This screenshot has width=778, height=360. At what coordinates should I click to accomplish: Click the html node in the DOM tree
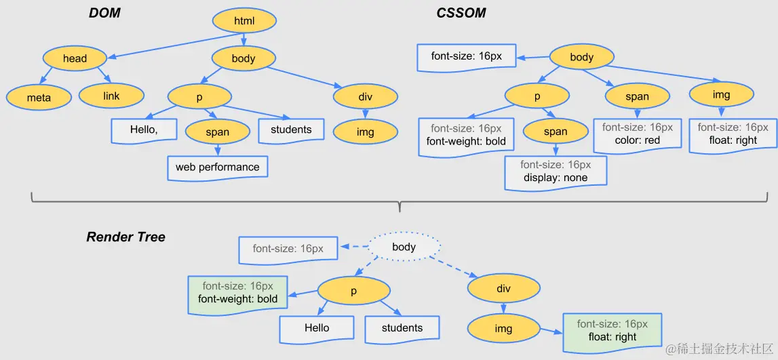pyautogui.click(x=244, y=21)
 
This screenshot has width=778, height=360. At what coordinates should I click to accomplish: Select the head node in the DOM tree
pyautogui.click(x=75, y=58)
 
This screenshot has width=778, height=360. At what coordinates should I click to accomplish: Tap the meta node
pyautogui.click(x=39, y=98)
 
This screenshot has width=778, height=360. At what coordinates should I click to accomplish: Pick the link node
pyautogui.click(x=111, y=96)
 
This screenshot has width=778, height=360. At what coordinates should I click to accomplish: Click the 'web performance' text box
pyautogui.click(x=217, y=167)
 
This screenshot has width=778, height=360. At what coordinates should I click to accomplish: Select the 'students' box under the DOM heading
pyautogui.click(x=291, y=130)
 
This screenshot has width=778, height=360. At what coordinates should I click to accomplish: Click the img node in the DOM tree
pyautogui.click(x=365, y=132)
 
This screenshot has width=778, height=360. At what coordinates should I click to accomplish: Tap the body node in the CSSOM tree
pyautogui.click(x=581, y=58)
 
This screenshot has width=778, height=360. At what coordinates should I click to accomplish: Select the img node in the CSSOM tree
pyautogui.click(x=721, y=95)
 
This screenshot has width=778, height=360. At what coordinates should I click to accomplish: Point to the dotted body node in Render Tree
pyautogui.click(x=404, y=247)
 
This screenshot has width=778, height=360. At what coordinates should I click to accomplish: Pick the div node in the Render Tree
pyautogui.click(x=503, y=289)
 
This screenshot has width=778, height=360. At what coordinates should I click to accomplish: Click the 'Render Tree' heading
pyautogui.click(x=126, y=237)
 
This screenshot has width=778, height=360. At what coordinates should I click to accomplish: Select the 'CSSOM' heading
pyautogui.click(x=461, y=13)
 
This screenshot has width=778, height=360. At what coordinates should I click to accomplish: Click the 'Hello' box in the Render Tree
pyautogui.click(x=317, y=328)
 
